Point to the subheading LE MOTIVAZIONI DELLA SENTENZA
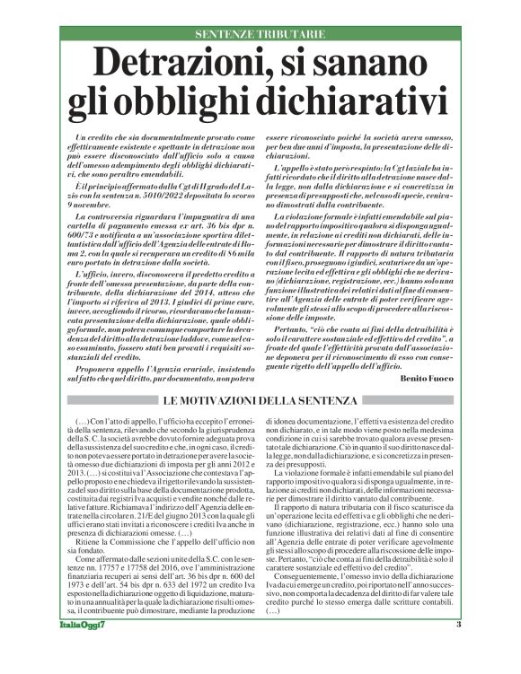[x=260, y=398]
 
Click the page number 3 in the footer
[x=458, y=649]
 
